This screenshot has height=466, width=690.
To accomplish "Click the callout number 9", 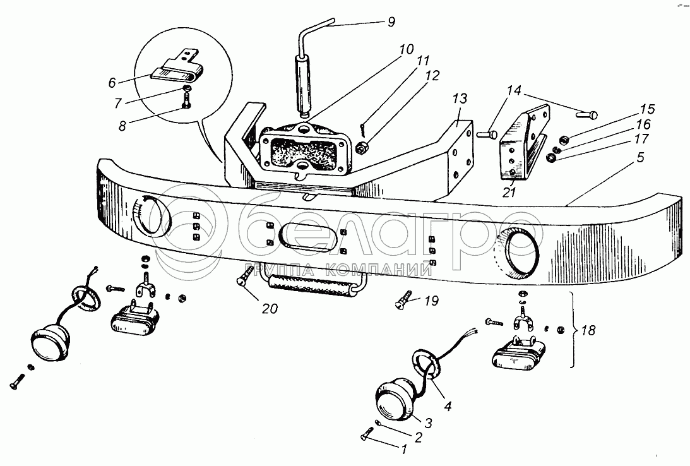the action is click(x=391, y=21).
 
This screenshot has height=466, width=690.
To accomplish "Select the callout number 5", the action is click(x=640, y=157).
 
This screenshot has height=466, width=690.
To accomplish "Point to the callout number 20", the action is click(x=270, y=309).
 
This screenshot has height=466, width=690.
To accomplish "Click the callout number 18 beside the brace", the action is click(x=588, y=330).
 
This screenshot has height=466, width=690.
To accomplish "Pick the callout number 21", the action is click(x=509, y=192).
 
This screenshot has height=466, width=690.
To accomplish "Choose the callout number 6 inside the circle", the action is click(x=112, y=82).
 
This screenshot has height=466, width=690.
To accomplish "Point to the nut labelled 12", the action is click(x=362, y=149).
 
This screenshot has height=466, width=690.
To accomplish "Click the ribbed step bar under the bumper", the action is click(x=313, y=285).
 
